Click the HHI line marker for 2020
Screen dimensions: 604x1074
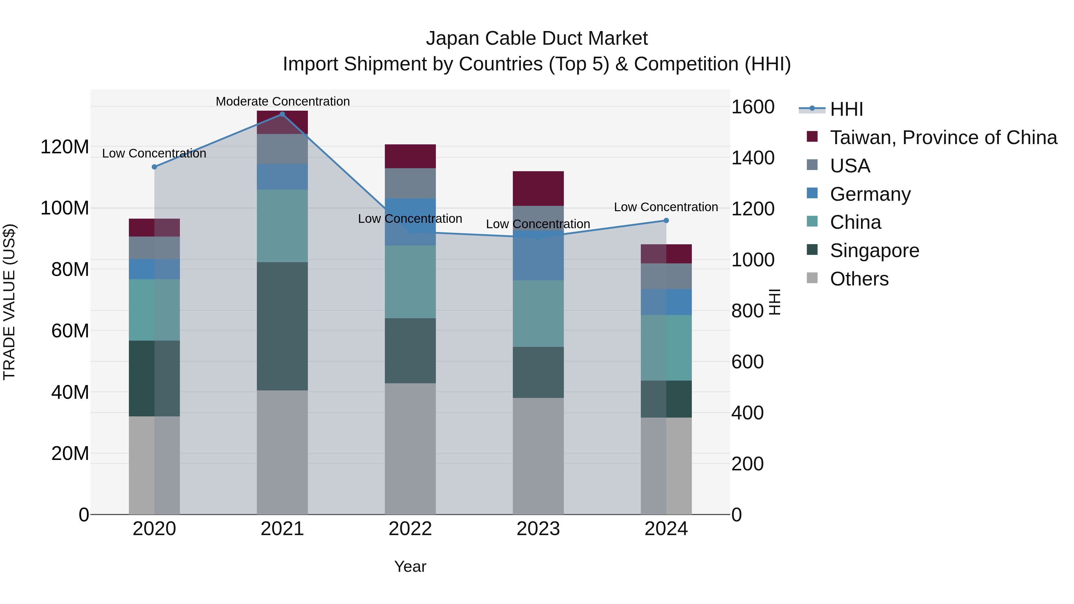(154, 167)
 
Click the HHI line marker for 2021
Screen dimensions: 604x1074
(282, 114)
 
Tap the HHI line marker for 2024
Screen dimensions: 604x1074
(666, 220)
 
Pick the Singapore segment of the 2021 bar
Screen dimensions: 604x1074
(282, 326)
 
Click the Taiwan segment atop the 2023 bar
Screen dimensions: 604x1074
(538, 189)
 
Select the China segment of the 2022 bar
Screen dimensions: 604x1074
(410, 282)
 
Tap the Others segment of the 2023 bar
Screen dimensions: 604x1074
(538, 456)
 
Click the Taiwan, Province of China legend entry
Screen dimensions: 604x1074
(943, 138)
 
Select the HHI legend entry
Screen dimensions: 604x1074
(846, 109)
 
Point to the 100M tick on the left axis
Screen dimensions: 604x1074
(65, 208)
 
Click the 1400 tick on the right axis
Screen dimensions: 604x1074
(753, 158)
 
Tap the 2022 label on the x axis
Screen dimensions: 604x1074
(410, 529)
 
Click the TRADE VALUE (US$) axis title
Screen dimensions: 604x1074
(9, 302)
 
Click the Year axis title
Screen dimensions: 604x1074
(410, 566)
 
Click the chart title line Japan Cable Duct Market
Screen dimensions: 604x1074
(537, 38)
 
